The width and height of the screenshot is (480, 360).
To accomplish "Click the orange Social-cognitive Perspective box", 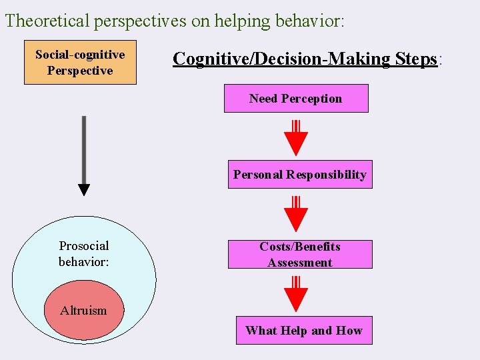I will (x=80, y=62).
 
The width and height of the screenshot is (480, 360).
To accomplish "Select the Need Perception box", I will (x=295, y=99).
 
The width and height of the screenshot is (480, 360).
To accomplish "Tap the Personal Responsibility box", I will (x=300, y=175).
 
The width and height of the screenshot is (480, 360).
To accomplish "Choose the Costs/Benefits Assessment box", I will (x=300, y=254).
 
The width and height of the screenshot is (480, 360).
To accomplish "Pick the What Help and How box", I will (x=304, y=331).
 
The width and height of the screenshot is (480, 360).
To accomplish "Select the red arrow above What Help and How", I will (x=296, y=294).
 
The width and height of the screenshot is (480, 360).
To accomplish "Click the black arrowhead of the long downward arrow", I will (x=84, y=190).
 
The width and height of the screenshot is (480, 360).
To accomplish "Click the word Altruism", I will (x=83, y=310).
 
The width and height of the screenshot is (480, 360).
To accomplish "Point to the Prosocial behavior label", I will (x=84, y=254).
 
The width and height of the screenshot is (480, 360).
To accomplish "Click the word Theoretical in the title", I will (x=47, y=21).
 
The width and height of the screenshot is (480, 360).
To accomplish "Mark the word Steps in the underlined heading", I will (x=415, y=59).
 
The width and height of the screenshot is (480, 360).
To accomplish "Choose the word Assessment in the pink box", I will (x=300, y=263).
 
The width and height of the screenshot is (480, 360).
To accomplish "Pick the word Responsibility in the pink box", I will (x=326, y=175).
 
